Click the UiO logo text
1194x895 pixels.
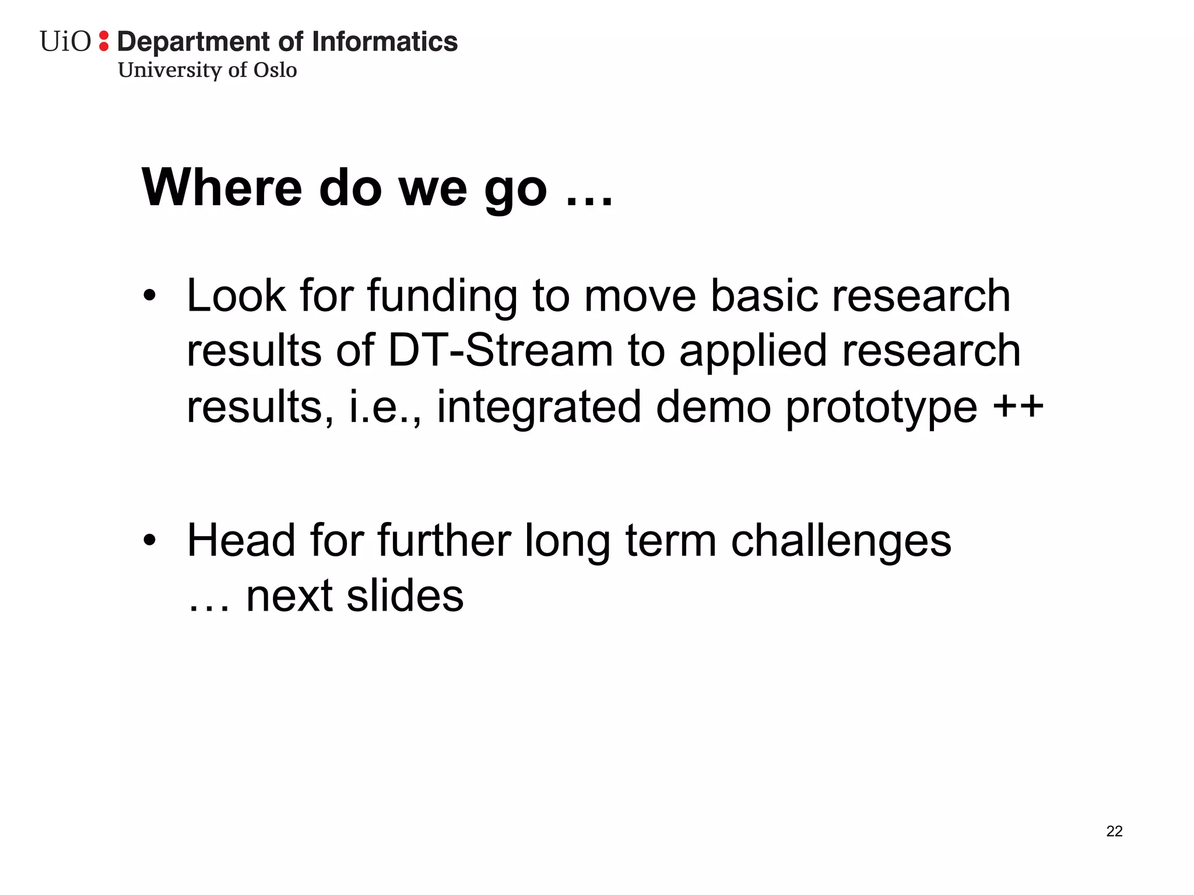click(65, 42)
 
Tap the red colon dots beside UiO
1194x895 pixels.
click(104, 41)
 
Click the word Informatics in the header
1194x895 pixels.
click(385, 42)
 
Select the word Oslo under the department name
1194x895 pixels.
click(275, 70)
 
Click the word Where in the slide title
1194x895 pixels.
click(222, 188)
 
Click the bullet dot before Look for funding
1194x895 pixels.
click(150, 296)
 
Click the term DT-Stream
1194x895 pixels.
click(500, 351)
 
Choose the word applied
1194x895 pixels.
click(753, 352)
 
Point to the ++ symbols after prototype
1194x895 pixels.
click(1018, 406)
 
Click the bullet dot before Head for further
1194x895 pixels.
click(150, 541)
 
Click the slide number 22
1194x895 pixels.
click(1114, 831)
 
